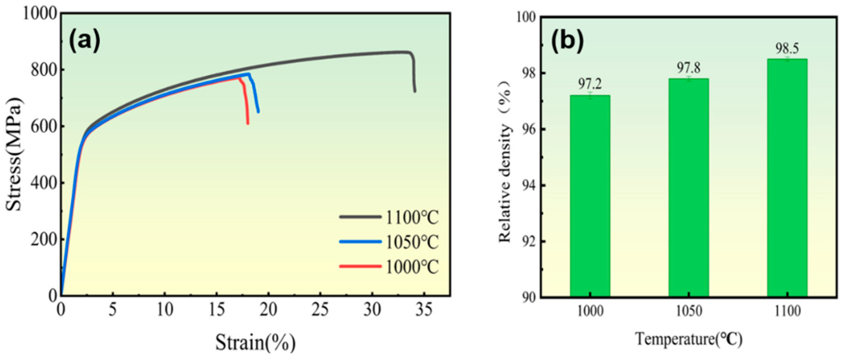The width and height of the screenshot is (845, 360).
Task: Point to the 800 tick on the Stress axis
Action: (43, 70)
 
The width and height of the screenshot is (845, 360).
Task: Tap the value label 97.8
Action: (689, 68)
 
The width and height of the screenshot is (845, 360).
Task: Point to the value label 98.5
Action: (787, 49)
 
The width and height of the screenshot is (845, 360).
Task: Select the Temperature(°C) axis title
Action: (689, 339)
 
